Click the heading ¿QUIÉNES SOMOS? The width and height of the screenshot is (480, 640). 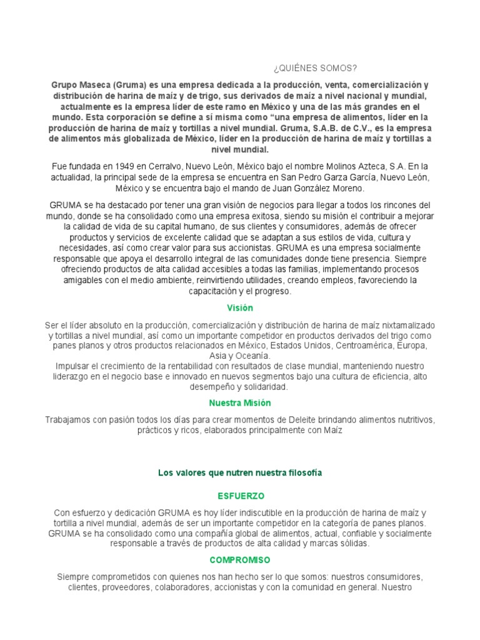(316, 67)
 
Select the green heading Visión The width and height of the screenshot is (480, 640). (240, 308)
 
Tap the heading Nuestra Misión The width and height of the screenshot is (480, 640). (240, 403)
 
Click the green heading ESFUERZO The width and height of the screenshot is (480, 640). (241, 496)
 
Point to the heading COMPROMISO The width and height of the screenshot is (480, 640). (240, 560)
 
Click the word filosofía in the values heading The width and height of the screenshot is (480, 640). (303, 472)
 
